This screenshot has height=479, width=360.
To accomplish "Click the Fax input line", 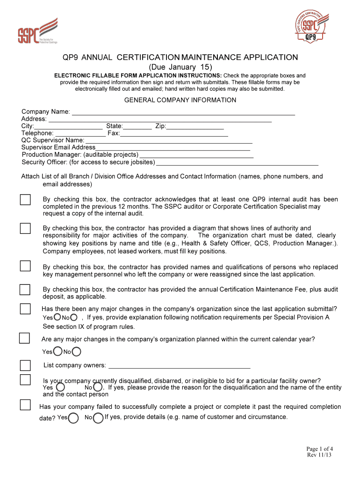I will [174, 134].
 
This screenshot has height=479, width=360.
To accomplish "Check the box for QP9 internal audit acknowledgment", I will [25, 200].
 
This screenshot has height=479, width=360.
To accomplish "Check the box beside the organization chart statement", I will [25, 228].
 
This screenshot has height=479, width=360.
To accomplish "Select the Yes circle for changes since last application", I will [57, 317].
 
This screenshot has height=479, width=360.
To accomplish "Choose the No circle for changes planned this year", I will [76, 351].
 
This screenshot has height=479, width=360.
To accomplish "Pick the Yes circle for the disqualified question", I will [60, 387].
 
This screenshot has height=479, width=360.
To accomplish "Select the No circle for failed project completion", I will [98, 418].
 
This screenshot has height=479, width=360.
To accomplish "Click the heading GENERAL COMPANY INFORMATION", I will [180, 100].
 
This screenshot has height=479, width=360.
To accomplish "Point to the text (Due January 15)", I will [180, 67].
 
